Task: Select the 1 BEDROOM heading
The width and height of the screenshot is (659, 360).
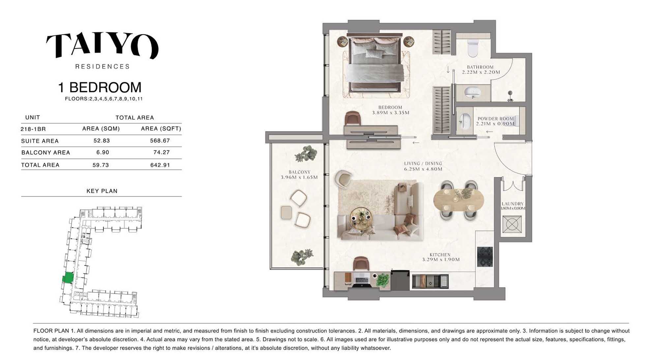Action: click(100, 87)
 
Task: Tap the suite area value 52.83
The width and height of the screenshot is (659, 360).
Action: click(101, 141)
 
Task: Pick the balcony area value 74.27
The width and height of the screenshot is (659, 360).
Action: click(161, 152)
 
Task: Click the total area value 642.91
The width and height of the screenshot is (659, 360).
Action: click(160, 165)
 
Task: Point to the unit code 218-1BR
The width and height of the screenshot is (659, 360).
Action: click(33, 129)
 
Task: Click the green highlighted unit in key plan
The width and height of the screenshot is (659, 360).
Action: click(68, 278)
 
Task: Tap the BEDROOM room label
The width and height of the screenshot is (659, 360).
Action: click(390, 107)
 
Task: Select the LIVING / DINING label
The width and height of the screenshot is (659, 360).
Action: click(423, 164)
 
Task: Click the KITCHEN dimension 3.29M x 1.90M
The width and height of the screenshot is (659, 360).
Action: click(441, 259)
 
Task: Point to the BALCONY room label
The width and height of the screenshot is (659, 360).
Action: click(300, 172)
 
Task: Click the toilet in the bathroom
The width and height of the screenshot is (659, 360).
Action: click(473, 48)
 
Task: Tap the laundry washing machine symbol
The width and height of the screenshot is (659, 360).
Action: click(512, 225)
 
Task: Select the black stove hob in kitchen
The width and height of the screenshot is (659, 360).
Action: click(485, 257)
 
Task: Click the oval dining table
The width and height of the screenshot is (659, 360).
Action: click(459, 200)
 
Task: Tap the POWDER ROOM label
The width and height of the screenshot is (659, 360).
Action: click(496, 119)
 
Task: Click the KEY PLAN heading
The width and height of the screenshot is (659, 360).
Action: click(102, 191)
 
